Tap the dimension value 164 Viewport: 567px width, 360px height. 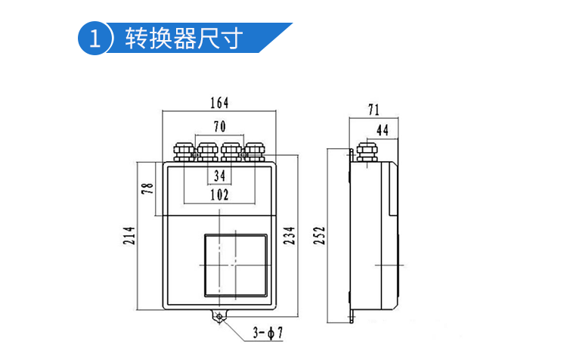(x=220, y=103)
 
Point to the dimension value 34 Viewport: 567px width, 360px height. (x=220, y=175)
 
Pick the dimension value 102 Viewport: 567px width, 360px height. (x=220, y=194)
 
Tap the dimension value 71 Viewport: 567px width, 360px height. (x=373, y=110)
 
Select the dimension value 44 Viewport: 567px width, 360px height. (x=382, y=130)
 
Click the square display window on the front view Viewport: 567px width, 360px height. (x=234, y=264)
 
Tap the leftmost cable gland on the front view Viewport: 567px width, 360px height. (x=184, y=152)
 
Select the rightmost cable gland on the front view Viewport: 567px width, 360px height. (x=256, y=152)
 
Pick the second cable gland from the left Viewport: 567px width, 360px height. (x=208, y=152)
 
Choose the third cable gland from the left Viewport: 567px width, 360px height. (x=232, y=152)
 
